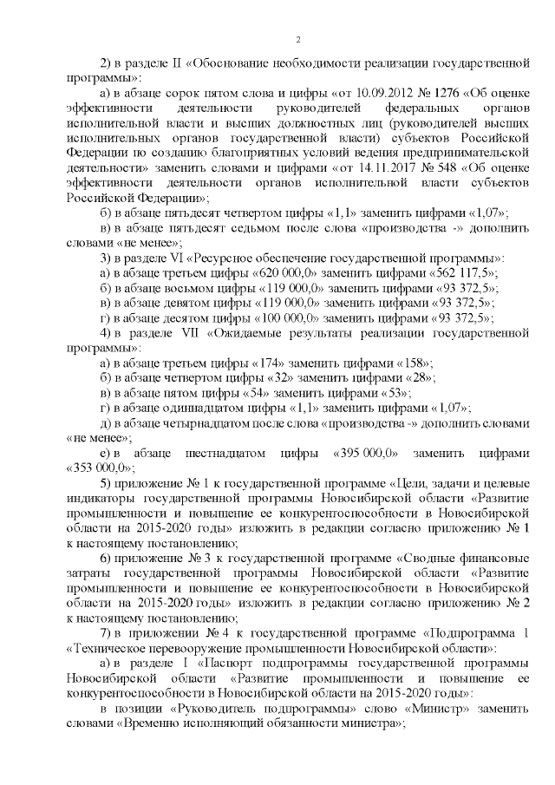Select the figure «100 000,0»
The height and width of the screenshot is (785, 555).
pos(290,317)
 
